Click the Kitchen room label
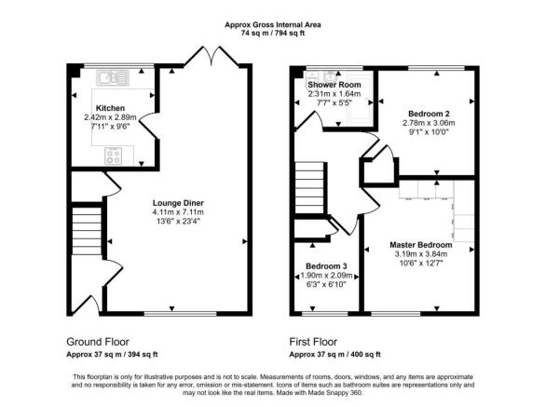[110, 108]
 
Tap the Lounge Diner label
[178, 203]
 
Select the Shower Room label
[334, 85]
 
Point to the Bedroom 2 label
[429, 114]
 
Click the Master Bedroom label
[420, 245]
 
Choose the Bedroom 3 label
[326, 266]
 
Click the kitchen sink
[113, 77]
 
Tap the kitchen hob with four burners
[114, 156]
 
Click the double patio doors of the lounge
[212, 57]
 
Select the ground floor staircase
[87, 230]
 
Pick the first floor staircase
[309, 188]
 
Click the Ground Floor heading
[98, 342]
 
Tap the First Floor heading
[313, 342]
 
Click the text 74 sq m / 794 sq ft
[273, 34]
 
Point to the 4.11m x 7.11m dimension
[178, 212]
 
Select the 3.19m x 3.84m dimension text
[421, 254]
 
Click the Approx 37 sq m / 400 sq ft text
[335, 355]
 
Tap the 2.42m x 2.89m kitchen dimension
[110, 117]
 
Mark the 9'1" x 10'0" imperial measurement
[429, 132]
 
